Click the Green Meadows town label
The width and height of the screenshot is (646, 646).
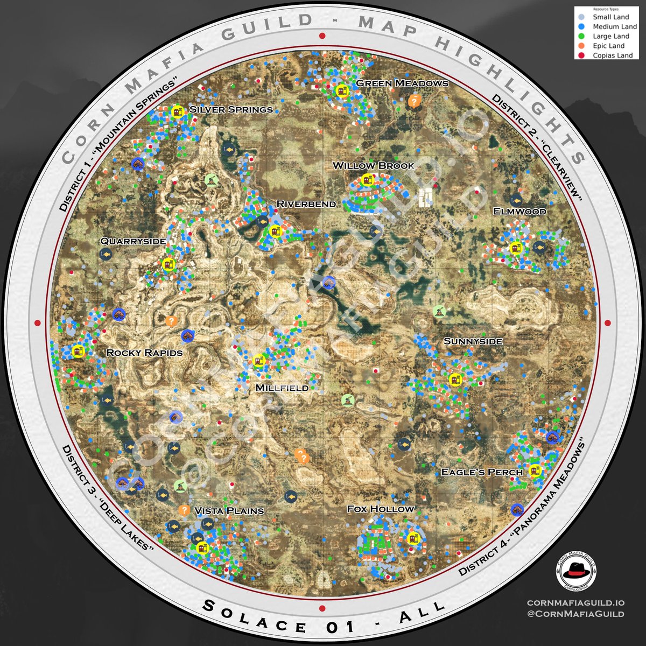(402, 83)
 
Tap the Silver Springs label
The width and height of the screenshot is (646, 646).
(231, 109)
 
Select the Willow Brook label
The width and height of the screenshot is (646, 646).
(374, 165)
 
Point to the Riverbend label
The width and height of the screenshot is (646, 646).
(306, 203)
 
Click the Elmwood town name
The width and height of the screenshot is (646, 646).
(519, 211)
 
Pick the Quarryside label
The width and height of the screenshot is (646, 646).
(133, 241)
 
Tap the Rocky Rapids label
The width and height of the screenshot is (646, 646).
(144, 353)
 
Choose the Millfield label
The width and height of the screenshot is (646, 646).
(282, 388)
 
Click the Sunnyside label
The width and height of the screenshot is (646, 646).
(473, 341)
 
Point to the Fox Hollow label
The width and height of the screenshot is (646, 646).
(381, 509)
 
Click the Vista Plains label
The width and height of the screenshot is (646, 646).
(229, 510)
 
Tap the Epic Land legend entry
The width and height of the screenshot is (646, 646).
(608, 46)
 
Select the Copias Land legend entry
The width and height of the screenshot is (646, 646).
(613, 55)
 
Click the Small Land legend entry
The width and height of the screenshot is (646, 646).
(610, 17)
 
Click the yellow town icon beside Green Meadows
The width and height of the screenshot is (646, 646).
(340, 91)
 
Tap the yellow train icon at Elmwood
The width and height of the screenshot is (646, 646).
(516, 248)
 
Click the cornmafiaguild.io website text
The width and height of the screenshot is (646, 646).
(575, 602)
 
